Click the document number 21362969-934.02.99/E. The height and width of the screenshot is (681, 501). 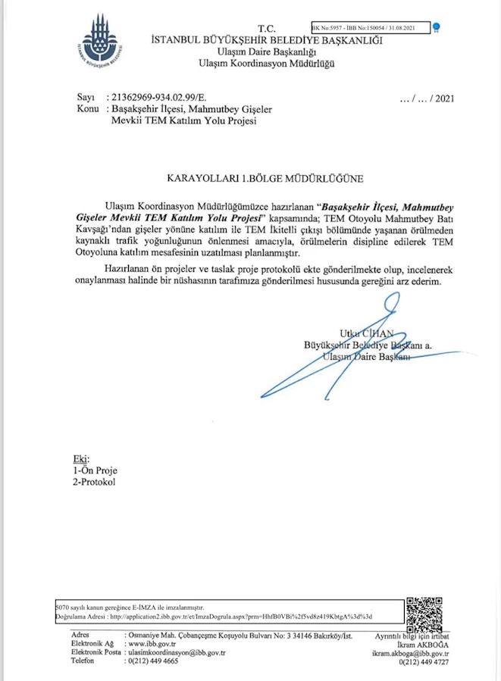tap(158, 98)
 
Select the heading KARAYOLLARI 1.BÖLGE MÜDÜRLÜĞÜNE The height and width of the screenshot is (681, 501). tap(265, 179)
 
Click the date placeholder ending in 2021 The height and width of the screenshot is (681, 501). tap(426, 98)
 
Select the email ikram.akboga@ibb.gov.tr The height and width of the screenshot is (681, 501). tap(410, 653)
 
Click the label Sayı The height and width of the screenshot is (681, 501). tap(85, 98)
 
